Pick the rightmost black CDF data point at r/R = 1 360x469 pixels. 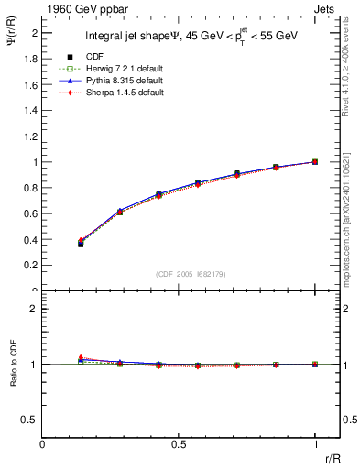[314, 162]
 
